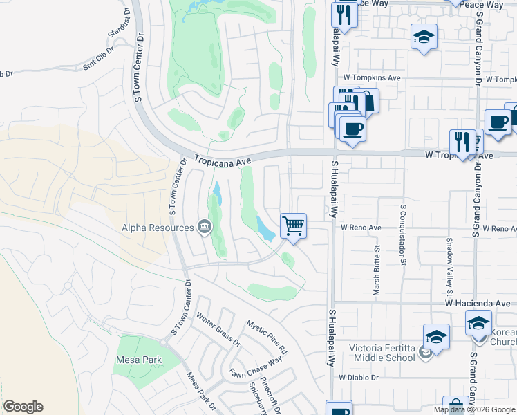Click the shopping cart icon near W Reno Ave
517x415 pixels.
tap(294, 225)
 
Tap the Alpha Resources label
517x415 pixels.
tap(158, 228)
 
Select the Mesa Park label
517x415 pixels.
tap(139, 360)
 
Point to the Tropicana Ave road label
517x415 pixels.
tap(222, 159)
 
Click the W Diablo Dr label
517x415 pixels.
tap(360, 378)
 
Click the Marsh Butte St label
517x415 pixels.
tap(377, 270)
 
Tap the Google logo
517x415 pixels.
tap(23, 407)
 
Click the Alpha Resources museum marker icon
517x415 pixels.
tap(205, 227)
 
